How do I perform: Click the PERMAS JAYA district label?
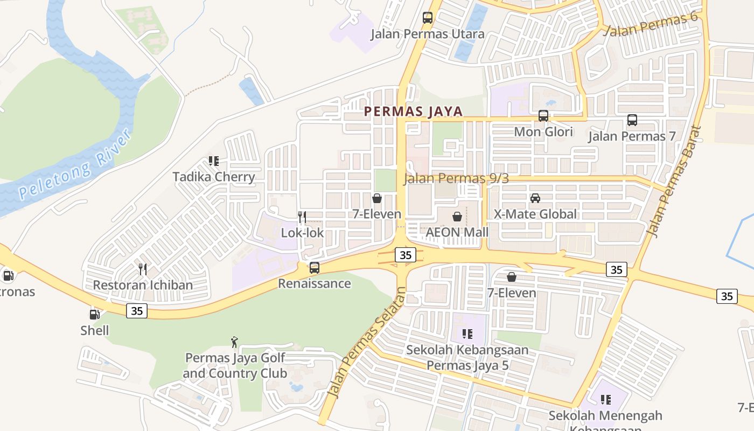pos(413,112)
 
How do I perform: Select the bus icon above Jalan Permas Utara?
pos(428,18)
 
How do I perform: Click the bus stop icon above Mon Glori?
pos(543,116)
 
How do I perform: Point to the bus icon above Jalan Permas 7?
pos(632,120)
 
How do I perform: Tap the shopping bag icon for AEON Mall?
pos(457,217)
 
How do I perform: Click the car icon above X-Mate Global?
pos(535,198)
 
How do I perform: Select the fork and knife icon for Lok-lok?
pos(302,217)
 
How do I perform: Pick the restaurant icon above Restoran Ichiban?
pos(143,269)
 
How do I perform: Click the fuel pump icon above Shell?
pos(94,314)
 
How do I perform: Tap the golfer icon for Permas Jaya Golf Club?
pos(234,342)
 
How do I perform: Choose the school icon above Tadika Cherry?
pos(213,161)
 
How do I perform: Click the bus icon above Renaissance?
pos(314,267)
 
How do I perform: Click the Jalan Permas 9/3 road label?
pos(456,178)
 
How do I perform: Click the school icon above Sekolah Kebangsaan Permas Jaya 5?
pos(467,334)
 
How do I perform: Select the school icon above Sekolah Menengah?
pos(605,399)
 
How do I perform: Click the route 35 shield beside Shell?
pos(137,311)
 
